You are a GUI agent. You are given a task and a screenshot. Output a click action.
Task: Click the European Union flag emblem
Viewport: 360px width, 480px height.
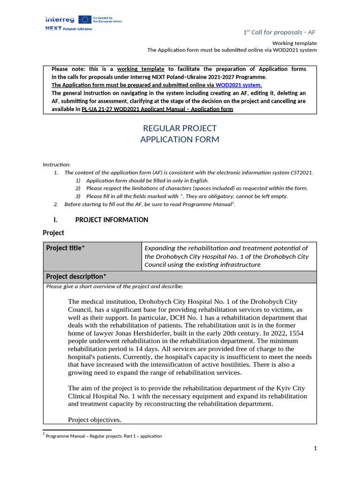[85, 19]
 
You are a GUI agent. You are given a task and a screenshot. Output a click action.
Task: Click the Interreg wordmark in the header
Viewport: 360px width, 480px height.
[60, 19]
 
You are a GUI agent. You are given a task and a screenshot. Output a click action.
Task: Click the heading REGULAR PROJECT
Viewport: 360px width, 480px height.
[180, 128]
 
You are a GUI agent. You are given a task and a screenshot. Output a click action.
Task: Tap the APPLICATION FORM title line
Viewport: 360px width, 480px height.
[180, 139]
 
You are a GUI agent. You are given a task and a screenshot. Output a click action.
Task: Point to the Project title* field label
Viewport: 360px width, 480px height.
[66, 248]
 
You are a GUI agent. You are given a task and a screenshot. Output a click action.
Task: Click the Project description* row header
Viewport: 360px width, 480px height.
[76, 277]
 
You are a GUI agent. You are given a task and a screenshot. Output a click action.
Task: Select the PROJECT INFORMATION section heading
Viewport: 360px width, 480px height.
[112, 220]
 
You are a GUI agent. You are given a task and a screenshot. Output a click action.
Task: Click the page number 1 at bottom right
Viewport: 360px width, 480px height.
[315, 449]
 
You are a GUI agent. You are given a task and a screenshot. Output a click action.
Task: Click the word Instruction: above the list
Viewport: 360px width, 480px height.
[57, 165]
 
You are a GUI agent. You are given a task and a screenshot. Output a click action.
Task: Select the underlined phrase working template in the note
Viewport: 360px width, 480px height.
[141, 69]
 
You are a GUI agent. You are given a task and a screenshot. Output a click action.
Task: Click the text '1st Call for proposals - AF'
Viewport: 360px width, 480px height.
[280, 32]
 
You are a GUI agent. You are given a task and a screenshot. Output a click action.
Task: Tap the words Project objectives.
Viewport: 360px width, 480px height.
[95, 420]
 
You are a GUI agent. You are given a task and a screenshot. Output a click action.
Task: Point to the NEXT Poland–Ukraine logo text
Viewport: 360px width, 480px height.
[68, 29]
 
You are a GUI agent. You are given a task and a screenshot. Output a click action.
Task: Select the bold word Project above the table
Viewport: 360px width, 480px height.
[53, 232]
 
